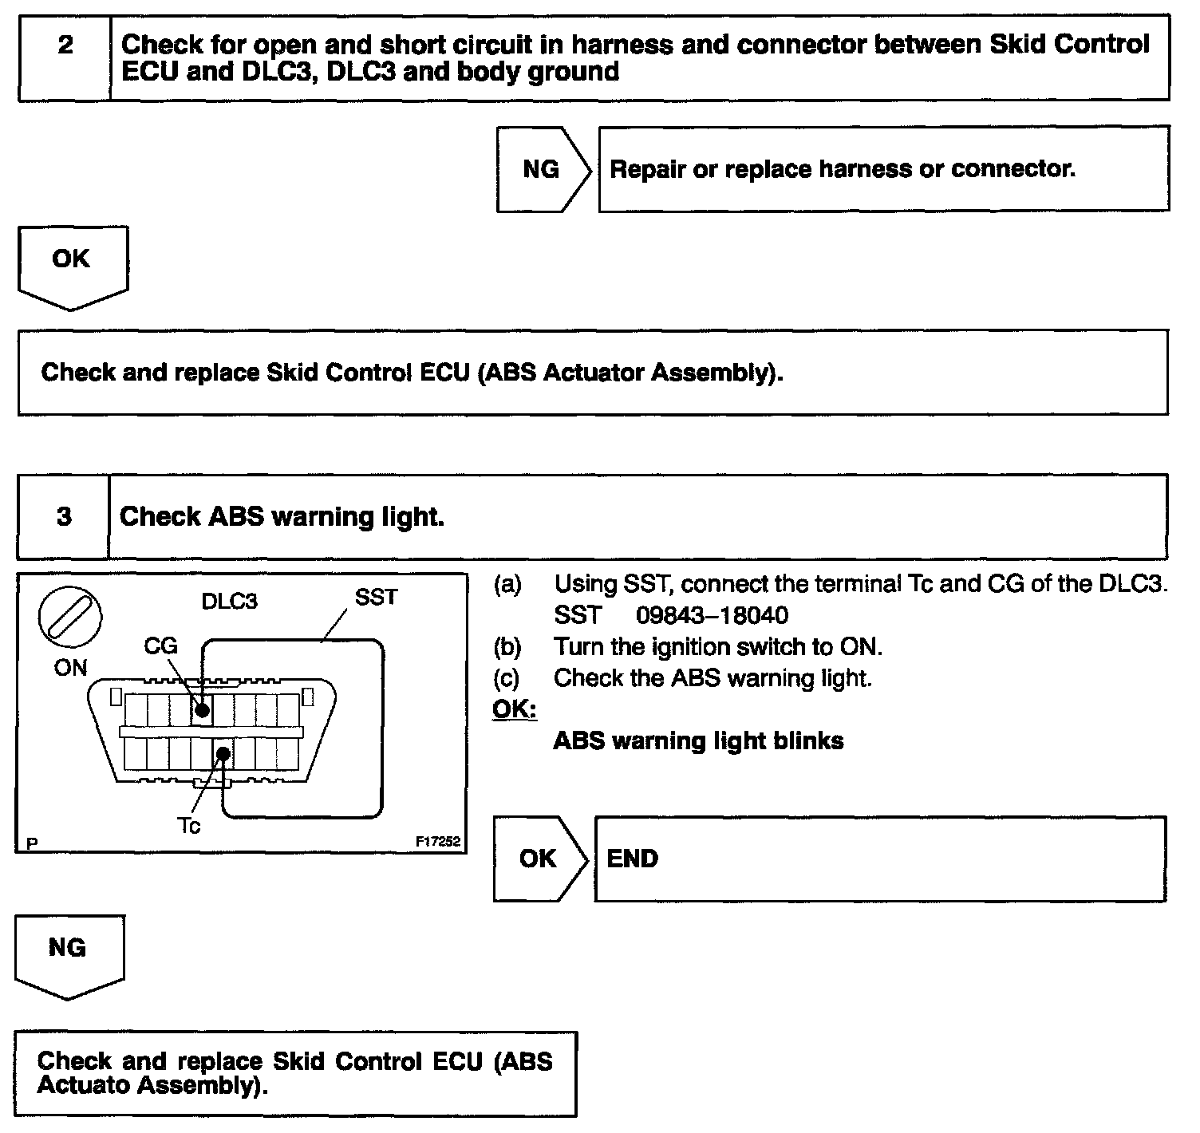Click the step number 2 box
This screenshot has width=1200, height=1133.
tap(65, 57)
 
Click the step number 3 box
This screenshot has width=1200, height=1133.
tap(64, 516)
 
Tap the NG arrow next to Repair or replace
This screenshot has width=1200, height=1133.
tap(543, 169)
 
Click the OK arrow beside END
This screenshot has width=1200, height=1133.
tap(539, 859)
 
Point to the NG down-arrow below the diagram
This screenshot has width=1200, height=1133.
tap(69, 953)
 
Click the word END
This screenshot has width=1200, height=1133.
tap(633, 859)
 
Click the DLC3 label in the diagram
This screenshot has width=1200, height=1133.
tap(230, 601)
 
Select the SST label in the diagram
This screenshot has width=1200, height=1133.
tap(376, 598)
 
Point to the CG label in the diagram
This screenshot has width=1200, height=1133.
tap(160, 645)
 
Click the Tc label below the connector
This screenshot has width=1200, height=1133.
tap(189, 826)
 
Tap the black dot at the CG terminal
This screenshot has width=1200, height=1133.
tap(203, 709)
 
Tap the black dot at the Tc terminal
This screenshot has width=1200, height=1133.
tap(224, 753)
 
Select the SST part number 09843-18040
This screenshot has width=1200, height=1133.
tap(712, 615)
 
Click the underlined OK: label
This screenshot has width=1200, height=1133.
tap(515, 709)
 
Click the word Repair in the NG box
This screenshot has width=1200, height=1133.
tap(647, 169)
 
